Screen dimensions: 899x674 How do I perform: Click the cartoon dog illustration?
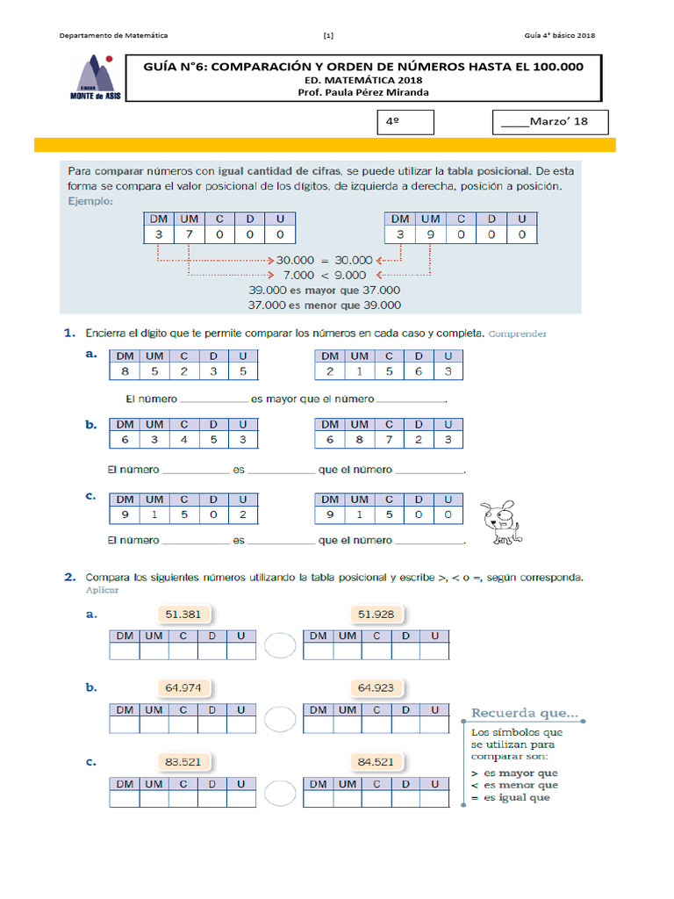499,523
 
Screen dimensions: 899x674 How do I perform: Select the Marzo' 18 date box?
549,122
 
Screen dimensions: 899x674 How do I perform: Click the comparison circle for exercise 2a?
280,646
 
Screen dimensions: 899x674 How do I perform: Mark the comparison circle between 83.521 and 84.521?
280,793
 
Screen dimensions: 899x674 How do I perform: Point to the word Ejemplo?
90,201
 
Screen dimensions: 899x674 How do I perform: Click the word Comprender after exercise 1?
519,334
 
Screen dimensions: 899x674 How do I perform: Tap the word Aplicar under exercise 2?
102,591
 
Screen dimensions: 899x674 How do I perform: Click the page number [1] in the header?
327,36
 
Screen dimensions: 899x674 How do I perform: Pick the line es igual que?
511,798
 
